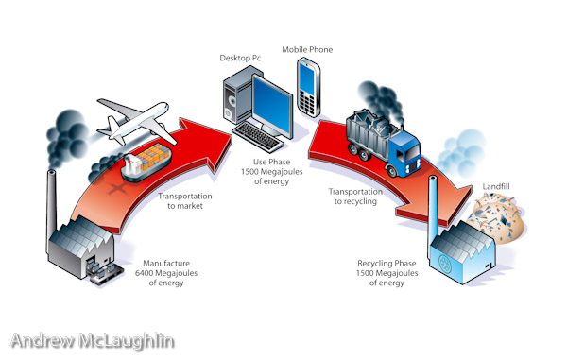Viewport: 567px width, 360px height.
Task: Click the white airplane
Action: [134, 122]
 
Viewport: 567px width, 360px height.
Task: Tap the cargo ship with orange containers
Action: [146, 162]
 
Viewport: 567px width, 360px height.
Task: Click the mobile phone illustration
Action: [308, 87]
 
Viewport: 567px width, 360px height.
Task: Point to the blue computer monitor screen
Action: [272, 105]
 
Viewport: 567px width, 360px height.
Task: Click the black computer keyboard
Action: [257, 137]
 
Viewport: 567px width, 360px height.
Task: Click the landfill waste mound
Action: [496, 217]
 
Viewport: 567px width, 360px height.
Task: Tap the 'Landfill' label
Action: [496, 186]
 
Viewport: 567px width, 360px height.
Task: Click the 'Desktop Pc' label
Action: [240, 58]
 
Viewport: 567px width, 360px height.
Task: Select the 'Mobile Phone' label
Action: [307, 49]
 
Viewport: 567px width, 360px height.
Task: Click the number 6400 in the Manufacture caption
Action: [145, 273]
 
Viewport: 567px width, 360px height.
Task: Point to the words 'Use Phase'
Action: [271, 162]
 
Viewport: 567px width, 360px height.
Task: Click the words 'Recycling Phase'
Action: [387, 263]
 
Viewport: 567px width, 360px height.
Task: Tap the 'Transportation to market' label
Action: [185, 201]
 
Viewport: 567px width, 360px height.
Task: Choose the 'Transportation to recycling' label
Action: [355, 197]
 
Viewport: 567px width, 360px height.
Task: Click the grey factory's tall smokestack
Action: [51, 210]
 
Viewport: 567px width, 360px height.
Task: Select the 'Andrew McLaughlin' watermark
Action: [93, 341]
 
